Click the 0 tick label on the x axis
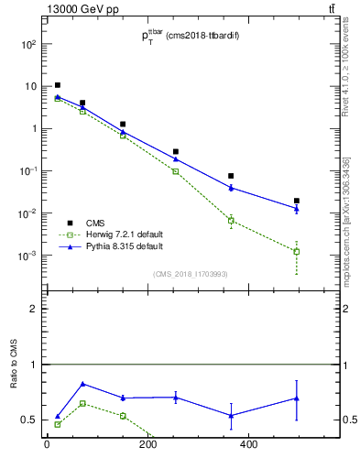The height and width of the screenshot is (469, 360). (47, 445)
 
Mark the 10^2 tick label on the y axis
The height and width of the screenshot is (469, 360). (27, 44)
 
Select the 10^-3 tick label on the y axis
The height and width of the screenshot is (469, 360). (27, 256)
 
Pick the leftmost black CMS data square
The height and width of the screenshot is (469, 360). (58, 85)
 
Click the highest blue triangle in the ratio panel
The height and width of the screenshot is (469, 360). (83, 384)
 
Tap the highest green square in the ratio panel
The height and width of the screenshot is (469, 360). (83, 403)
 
